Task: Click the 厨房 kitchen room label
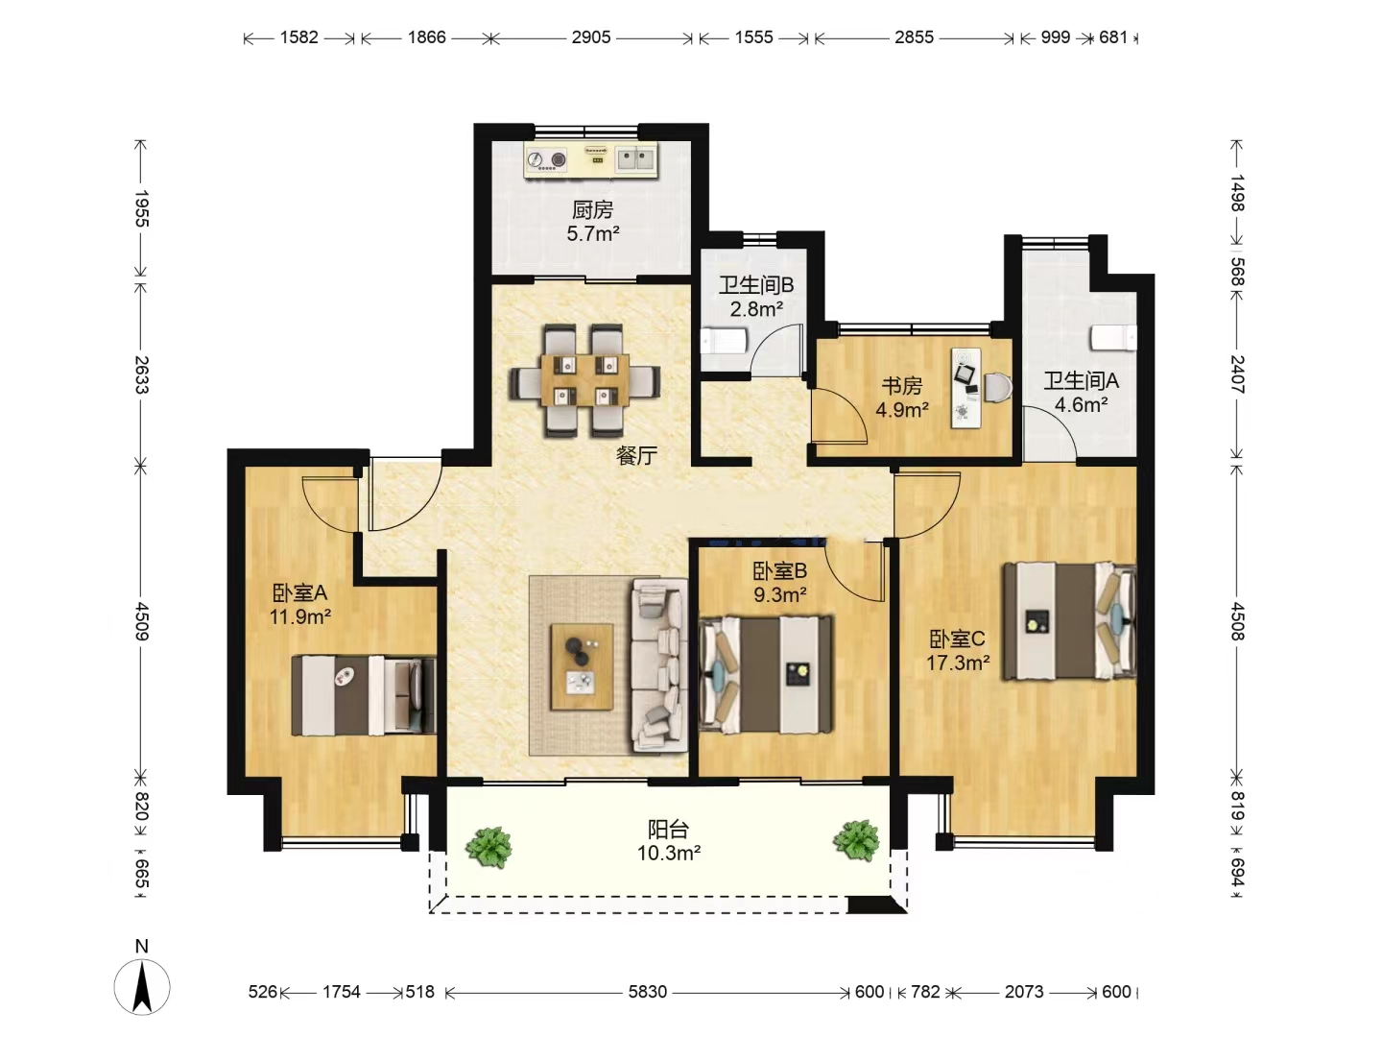click(592, 209)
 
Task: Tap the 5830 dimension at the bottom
click(647, 992)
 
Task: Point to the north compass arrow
click(142, 987)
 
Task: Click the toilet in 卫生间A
click(1114, 337)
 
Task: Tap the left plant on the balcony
click(488, 847)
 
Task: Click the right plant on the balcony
click(856, 840)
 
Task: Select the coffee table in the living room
click(582, 666)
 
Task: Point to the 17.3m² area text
click(958, 663)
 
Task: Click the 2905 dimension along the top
click(590, 37)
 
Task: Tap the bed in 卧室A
click(364, 695)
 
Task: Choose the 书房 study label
click(901, 385)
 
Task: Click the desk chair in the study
click(998, 387)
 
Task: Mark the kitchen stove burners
click(546, 160)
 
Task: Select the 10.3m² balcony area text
click(669, 854)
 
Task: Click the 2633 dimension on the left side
click(142, 374)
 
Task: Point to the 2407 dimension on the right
click(1238, 374)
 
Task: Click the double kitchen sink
click(635, 158)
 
